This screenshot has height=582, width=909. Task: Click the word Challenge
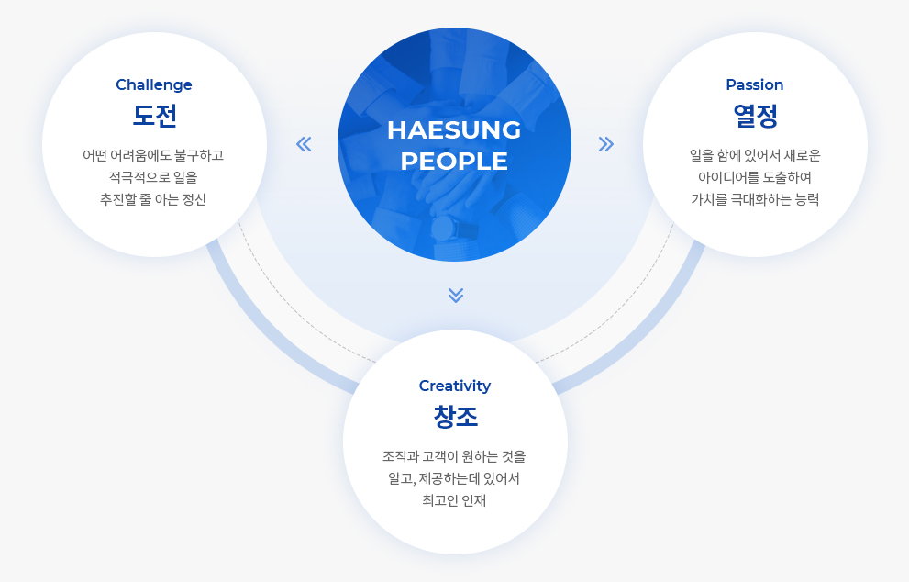[153, 84]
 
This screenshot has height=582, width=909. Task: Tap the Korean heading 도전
[154, 116]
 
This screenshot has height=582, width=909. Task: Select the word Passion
[755, 84]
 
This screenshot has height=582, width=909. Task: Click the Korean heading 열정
[756, 116]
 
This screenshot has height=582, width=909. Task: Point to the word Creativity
[455, 386]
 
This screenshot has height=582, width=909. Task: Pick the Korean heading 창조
[455, 417]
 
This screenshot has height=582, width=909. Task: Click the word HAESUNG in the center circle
[454, 130]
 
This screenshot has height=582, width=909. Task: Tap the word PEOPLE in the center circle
[454, 162]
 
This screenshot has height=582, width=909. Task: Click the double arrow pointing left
[304, 144]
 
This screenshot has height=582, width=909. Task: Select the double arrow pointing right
[605, 144]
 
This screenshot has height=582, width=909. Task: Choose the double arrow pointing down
[456, 296]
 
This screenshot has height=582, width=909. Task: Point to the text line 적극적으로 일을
[153, 177]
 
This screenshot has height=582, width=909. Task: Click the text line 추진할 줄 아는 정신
[153, 199]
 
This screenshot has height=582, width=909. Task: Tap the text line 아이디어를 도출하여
[755, 177]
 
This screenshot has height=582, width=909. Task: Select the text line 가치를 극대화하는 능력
[755, 199]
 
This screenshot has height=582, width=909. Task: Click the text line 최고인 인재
[454, 501]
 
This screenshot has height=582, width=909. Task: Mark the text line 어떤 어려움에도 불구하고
[153, 155]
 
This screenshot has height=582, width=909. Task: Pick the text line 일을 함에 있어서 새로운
[755, 155]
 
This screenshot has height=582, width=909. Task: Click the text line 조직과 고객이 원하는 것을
[454, 456]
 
